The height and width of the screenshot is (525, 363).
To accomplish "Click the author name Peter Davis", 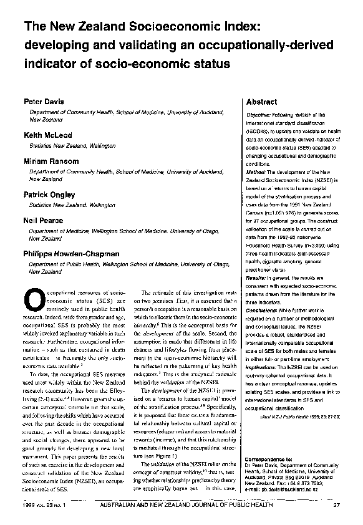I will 42,101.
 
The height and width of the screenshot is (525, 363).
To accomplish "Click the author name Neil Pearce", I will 42,221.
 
